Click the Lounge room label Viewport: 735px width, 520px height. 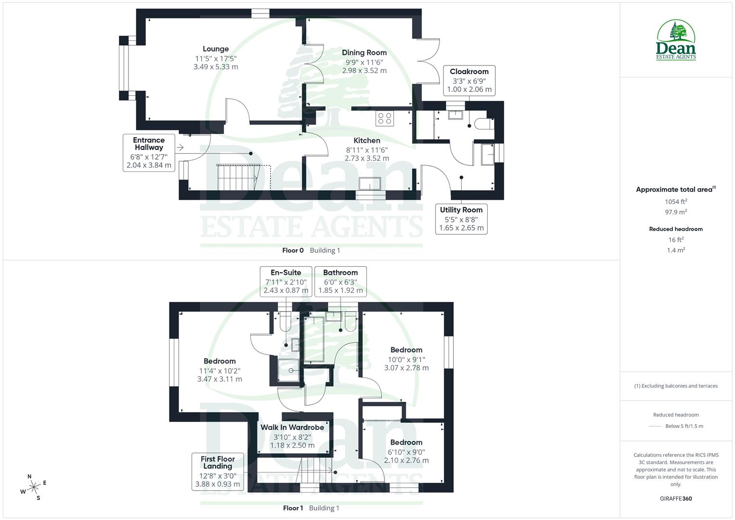point(216,49)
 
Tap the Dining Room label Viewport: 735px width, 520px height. point(364,53)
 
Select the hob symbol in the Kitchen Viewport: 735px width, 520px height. point(385,118)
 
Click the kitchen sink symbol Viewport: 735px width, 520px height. point(369,184)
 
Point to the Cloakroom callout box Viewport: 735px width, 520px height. point(469,80)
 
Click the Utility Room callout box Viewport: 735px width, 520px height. point(461,219)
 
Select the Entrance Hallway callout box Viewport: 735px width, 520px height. point(149,153)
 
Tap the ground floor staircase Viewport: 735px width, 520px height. point(237,177)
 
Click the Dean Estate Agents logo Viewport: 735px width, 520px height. point(676,40)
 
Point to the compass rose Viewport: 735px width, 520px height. point(34,487)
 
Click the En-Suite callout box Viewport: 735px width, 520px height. point(285,281)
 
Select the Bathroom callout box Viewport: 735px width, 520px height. point(340,281)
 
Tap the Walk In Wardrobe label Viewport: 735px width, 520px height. point(292,428)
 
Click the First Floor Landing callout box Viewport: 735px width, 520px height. point(218,471)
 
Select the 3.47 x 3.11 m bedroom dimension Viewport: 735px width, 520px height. point(219,379)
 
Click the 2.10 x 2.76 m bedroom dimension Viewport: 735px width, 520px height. point(406,460)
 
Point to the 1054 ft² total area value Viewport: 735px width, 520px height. point(676,202)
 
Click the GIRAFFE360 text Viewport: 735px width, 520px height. point(676,499)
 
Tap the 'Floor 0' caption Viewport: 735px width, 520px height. point(293,250)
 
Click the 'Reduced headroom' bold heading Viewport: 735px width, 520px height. point(676,229)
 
